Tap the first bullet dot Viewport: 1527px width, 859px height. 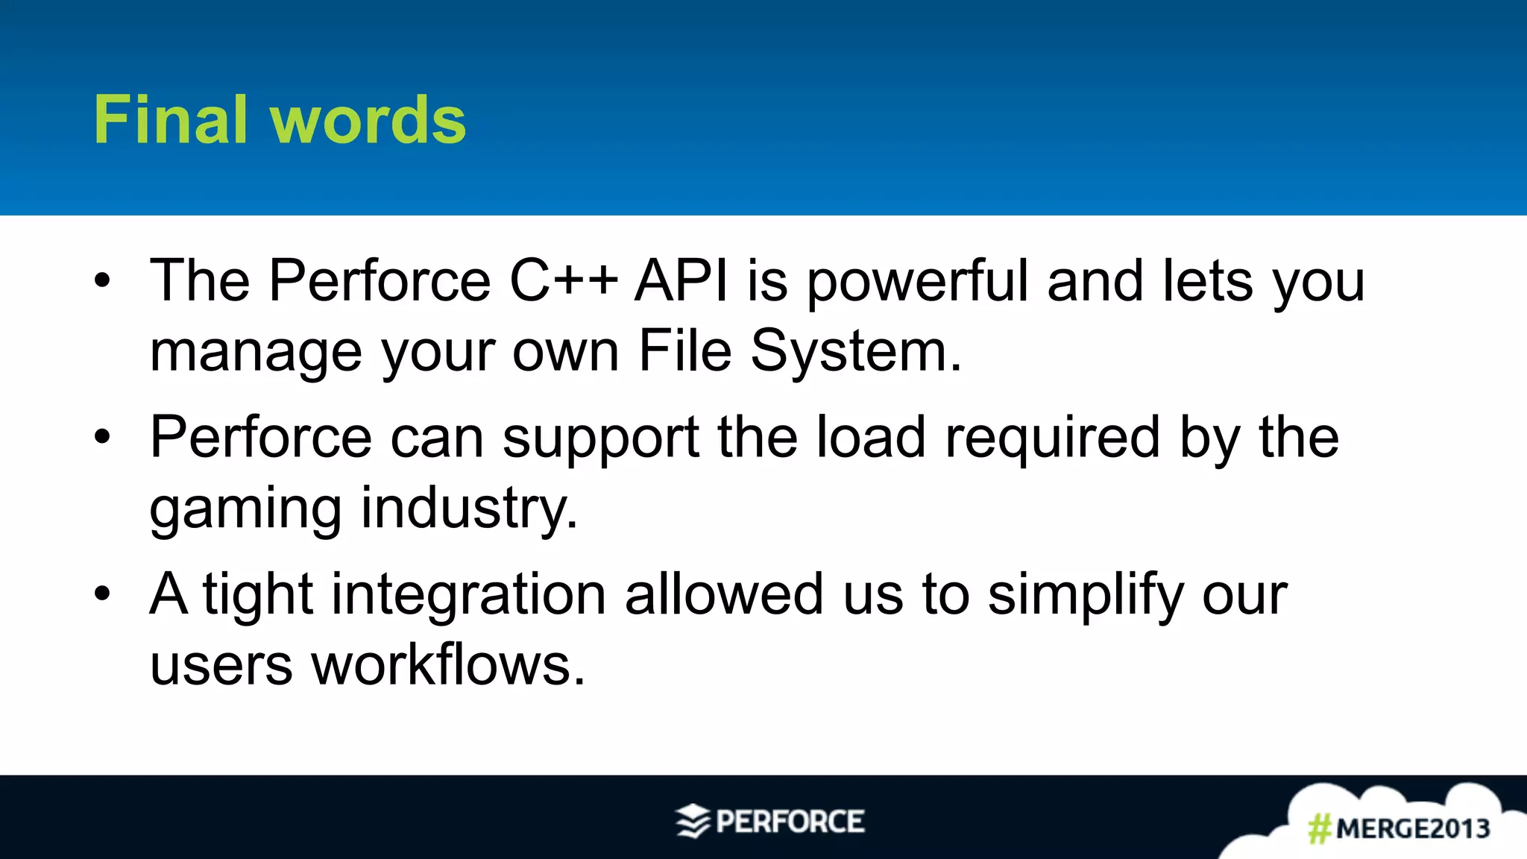tap(102, 281)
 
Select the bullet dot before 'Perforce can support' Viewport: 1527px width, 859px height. tap(102, 438)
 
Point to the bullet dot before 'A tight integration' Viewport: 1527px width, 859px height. tap(102, 594)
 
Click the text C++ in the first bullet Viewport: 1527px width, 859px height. tap(564, 281)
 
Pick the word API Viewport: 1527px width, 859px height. tap(681, 281)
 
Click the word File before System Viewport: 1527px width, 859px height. tap(685, 350)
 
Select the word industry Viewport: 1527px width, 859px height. tap(469, 509)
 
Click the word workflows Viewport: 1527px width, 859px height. tap(448, 665)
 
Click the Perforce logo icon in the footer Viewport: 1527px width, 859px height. tap(693, 821)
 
